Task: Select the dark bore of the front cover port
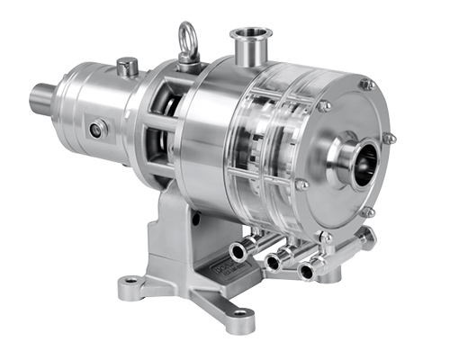[365, 167]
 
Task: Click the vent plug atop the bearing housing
[128, 66]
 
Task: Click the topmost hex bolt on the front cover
[366, 85]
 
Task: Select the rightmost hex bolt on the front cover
[389, 139]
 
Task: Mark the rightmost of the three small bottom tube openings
[305, 270]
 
